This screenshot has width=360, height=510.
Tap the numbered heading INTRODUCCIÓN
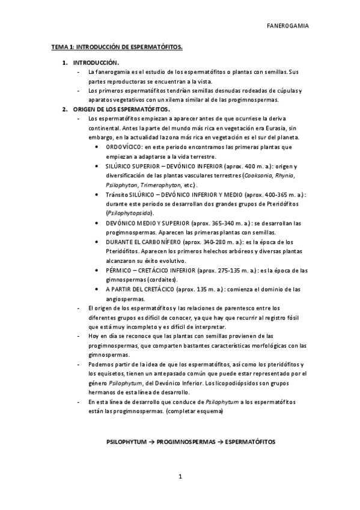click(x=96, y=63)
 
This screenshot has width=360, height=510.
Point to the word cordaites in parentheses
click(x=160, y=280)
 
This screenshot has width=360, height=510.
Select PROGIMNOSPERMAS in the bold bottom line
click(x=186, y=441)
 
